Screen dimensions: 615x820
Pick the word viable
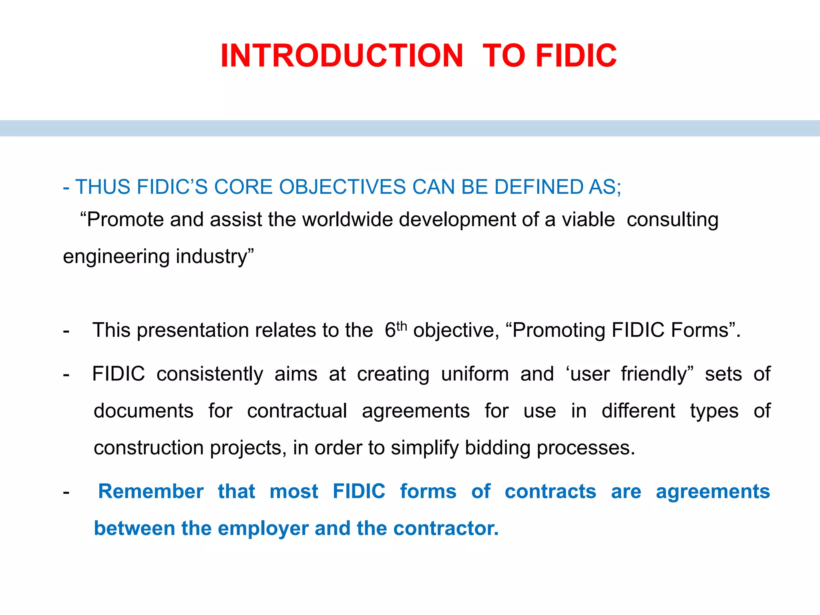pyautogui.click(x=588, y=220)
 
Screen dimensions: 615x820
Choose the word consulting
pyautogui.click(x=672, y=220)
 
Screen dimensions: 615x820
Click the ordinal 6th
pyautogui.click(x=395, y=330)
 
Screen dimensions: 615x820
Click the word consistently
pyautogui.click(x=210, y=374)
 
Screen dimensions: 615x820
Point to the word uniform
pyautogui.click(x=475, y=374)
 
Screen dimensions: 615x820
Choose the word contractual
pyautogui.click(x=297, y=411)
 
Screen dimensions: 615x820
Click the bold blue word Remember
pyautogui.click(x=151, y=491)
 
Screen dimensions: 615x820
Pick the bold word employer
pyautogui.click(x=263, y=529)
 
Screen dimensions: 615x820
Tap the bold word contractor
pyautogui.click(x=445, y=529)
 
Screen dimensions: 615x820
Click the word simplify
pyautogui.click(x=425, y=448)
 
